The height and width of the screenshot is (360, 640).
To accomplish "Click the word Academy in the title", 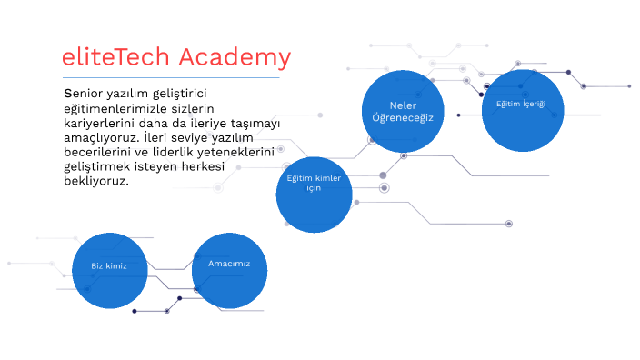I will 235,58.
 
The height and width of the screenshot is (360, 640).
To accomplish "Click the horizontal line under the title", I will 170,77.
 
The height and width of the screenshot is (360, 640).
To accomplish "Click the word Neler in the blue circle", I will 403,105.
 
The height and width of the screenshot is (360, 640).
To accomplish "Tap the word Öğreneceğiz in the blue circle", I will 403,117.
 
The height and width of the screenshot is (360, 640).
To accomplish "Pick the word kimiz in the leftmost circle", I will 117,265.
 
